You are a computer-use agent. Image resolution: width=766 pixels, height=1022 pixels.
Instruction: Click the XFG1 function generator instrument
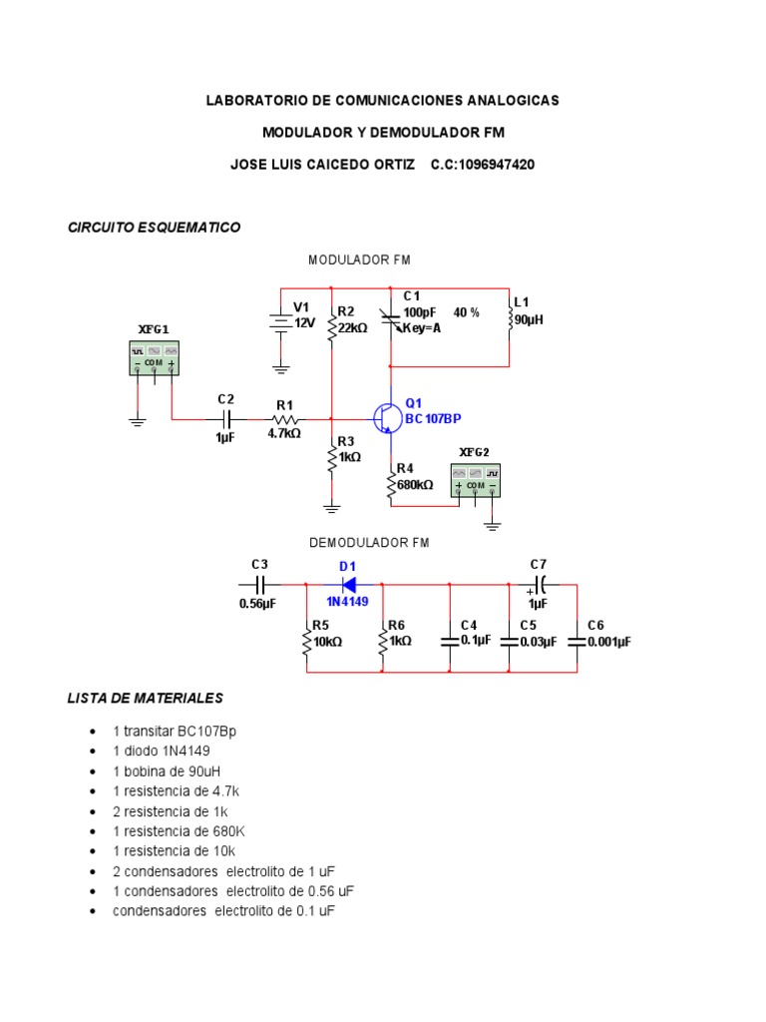point(154,357)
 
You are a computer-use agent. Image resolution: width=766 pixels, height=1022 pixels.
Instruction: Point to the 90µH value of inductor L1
point(529,319)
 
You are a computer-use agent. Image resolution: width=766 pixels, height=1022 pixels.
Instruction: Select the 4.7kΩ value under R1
point(283,434)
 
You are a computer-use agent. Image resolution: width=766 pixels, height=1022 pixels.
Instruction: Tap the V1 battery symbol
point(281,321)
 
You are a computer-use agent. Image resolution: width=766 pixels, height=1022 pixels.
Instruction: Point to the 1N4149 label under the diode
point(346,602)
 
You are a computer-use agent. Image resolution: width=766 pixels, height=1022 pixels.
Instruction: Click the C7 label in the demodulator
point(539,564)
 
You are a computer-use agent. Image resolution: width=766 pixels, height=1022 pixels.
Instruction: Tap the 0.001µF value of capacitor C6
point(608,642)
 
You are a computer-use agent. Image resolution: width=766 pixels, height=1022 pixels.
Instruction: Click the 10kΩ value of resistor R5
point(327,642)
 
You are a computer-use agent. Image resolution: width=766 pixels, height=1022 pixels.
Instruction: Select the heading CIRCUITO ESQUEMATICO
point(154,228)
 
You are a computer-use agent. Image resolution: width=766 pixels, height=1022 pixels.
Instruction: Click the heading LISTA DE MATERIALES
point(145,698)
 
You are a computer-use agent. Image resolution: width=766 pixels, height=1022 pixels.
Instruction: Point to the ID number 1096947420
point(483,164)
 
